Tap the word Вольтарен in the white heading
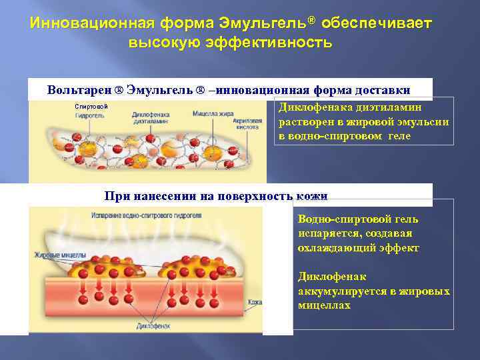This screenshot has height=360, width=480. [x=78, y=90]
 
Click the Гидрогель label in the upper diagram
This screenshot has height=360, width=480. [x=89, y=115]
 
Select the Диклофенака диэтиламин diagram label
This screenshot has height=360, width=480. [x=150, y=118]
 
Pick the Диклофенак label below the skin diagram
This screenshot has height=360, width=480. [x=153, y=326]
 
